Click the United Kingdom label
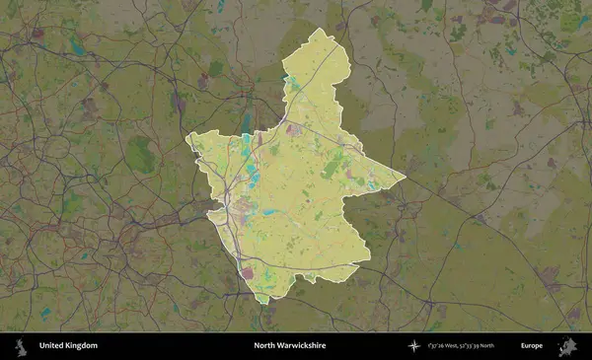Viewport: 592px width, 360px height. [x=68, y=346]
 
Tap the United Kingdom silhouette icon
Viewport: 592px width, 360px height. [x=20, y=346]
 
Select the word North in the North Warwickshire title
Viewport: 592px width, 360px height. [x=265, y=346]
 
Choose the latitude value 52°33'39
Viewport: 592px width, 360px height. [x=481, y=346]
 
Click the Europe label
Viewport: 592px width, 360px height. [x=532, y=346]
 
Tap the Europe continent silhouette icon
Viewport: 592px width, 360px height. [x=567, y=346]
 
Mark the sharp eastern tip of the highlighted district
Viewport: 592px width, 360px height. [x=405, y=179]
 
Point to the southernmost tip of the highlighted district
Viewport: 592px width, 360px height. [x=261, y=302]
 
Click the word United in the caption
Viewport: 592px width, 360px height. [x=51, y=346]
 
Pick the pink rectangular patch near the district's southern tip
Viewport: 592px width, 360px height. [x=247, y=273]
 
